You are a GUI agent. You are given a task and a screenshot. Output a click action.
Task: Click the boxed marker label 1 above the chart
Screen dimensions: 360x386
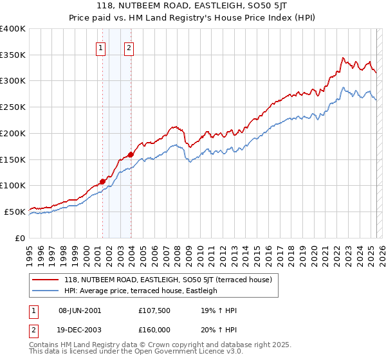point(101,47)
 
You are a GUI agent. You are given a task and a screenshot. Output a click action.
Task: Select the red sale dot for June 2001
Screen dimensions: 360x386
point(102,181)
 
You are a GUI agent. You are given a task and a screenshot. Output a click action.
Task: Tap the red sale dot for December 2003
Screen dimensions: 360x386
point(131,154)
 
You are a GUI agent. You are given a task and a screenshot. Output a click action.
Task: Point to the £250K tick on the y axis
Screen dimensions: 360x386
point(13,107)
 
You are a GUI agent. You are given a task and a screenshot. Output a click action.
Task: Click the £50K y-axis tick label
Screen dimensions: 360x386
point(15,212)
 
